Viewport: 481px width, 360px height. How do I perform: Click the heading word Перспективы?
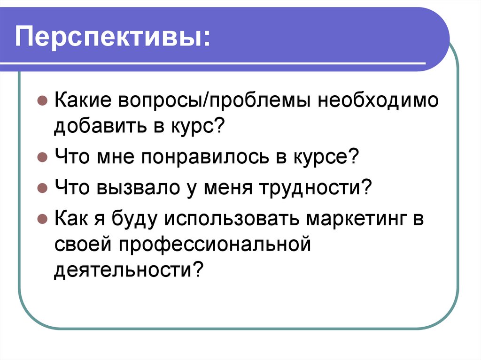click(113, 38)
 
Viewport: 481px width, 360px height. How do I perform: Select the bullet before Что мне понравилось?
click(42, 157)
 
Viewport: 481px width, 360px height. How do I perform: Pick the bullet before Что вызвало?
click(42, 188)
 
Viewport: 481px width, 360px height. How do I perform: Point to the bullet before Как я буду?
click(42, 219)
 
